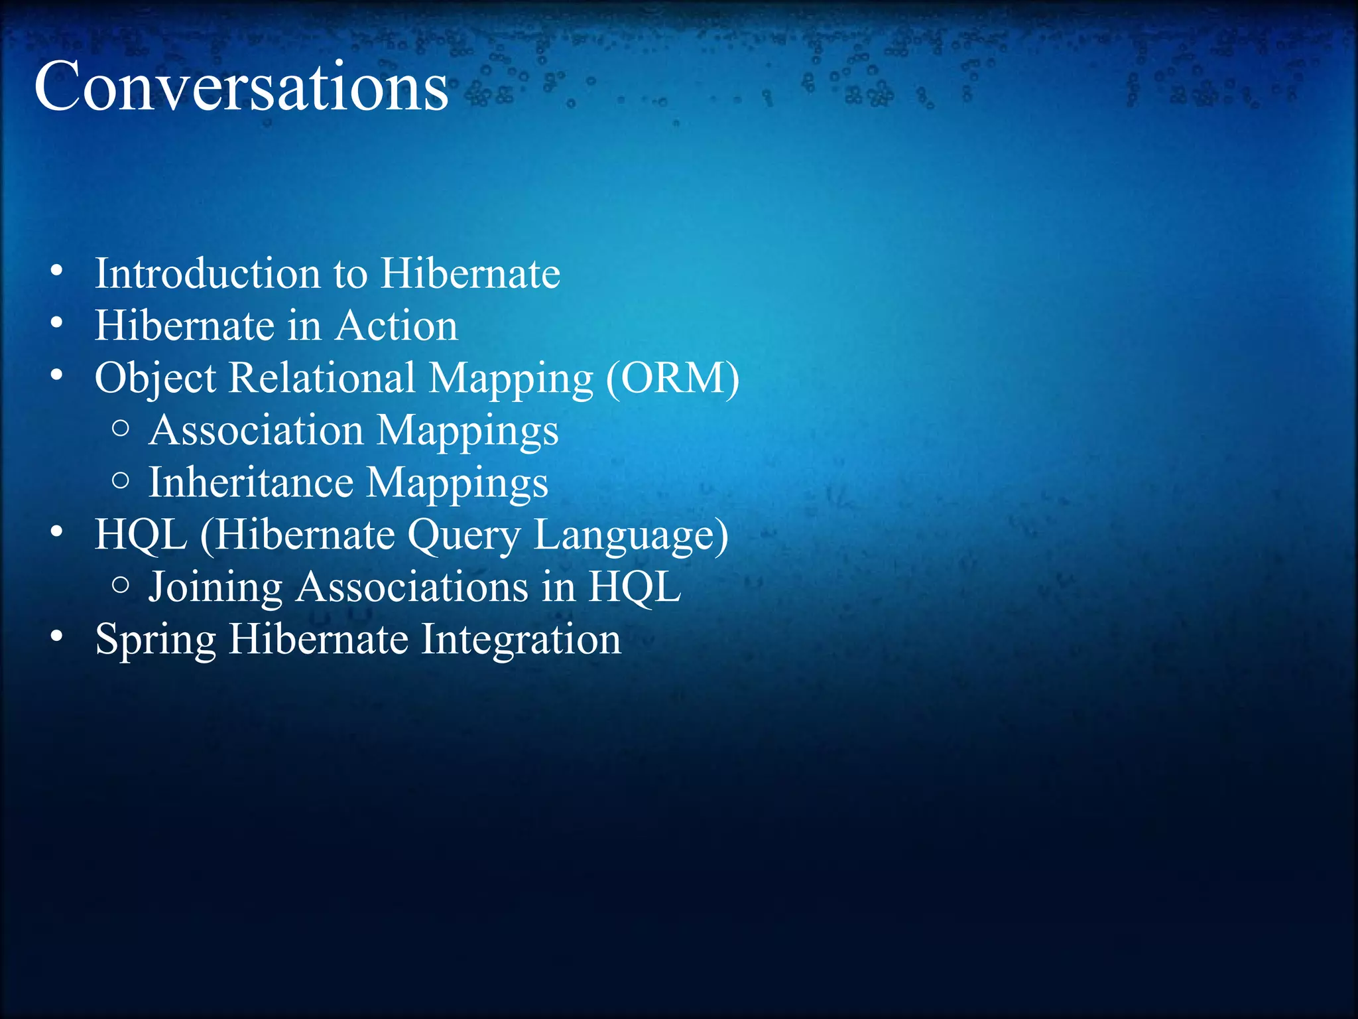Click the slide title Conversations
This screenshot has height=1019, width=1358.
[x=241, y=86]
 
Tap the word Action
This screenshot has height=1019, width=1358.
[x=396, y=326]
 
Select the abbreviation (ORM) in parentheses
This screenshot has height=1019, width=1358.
[x=672, y=378]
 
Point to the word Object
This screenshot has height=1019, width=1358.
[x=155, y=379]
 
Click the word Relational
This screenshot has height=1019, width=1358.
[x=322, y=378]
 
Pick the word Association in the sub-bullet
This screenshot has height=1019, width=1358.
[x=256, y=430]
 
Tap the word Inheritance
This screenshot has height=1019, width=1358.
[x=250, y=482]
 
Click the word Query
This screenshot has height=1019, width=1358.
[x=463, y=535]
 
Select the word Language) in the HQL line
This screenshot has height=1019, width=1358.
[x=631, y=535]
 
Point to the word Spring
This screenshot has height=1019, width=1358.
[x=155, y=640]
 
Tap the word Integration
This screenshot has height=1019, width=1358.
[x=521, y=640]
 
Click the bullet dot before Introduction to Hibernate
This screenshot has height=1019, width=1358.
[x=56, y=271]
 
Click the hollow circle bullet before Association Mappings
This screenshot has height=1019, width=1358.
[x=121, y=428]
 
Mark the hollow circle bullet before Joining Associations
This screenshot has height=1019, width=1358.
[x=121, y=584]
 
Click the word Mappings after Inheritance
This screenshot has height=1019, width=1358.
[x=457, y=483]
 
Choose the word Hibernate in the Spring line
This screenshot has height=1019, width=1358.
[x=318, y=640]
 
